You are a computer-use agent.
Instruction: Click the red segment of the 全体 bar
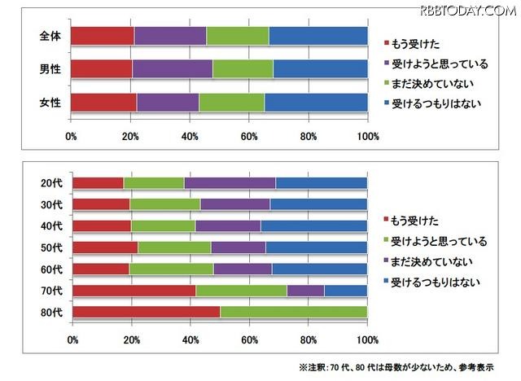coord(103,36)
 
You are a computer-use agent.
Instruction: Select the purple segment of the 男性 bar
coord(173,68)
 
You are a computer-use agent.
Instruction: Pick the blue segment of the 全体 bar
coord(317,36)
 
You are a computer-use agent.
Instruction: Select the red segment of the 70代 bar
coord(134,290)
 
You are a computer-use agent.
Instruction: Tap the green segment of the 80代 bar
coord(293,312)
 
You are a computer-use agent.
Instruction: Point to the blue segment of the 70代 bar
coord(345,290)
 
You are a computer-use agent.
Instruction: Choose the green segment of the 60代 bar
coord(171,269)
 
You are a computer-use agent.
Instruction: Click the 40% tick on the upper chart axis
coord(190,134)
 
